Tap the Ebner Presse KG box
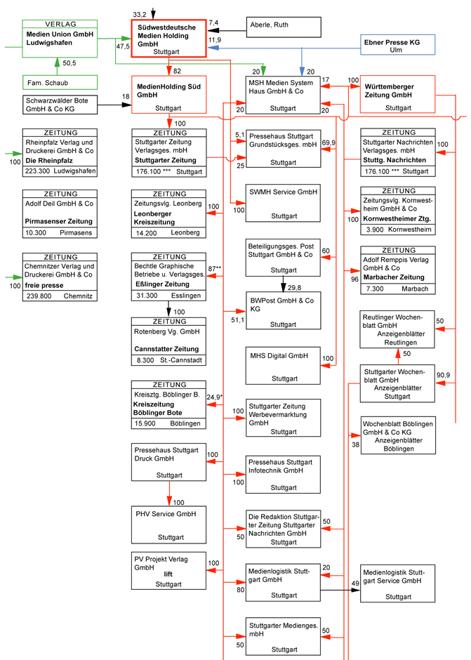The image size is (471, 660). click(397, 46)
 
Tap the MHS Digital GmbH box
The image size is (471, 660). click(283, 366)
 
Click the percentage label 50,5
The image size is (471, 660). click(69, 63)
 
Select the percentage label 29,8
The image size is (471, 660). click(295, 287)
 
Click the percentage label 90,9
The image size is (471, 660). click(443, 374)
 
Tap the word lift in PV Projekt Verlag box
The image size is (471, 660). click(168, 574)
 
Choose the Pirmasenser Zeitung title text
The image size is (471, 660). click(58, 220)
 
